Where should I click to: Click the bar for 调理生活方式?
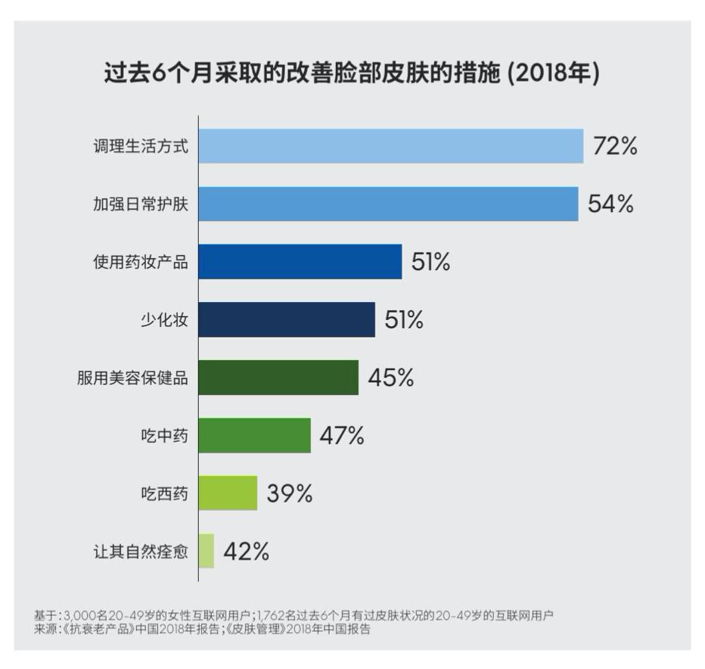click(391, 146)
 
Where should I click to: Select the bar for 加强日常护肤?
click(388, 204)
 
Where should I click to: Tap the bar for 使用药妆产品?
click(300, 262)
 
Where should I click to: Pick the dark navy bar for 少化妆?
click(287, 319)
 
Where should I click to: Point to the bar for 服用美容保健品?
click(278, 377)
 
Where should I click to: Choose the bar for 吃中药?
click(255, 435)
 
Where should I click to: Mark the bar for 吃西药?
click(228, 493)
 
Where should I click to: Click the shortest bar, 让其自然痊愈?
click(207, 551)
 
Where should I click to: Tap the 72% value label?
click(614, 146)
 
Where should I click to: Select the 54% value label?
click(610, 204)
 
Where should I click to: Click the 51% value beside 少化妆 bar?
click(404, 320)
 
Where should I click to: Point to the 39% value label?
click(289, 493)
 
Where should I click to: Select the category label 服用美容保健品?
click(132, 378)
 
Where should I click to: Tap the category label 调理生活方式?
click(141, 147)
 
